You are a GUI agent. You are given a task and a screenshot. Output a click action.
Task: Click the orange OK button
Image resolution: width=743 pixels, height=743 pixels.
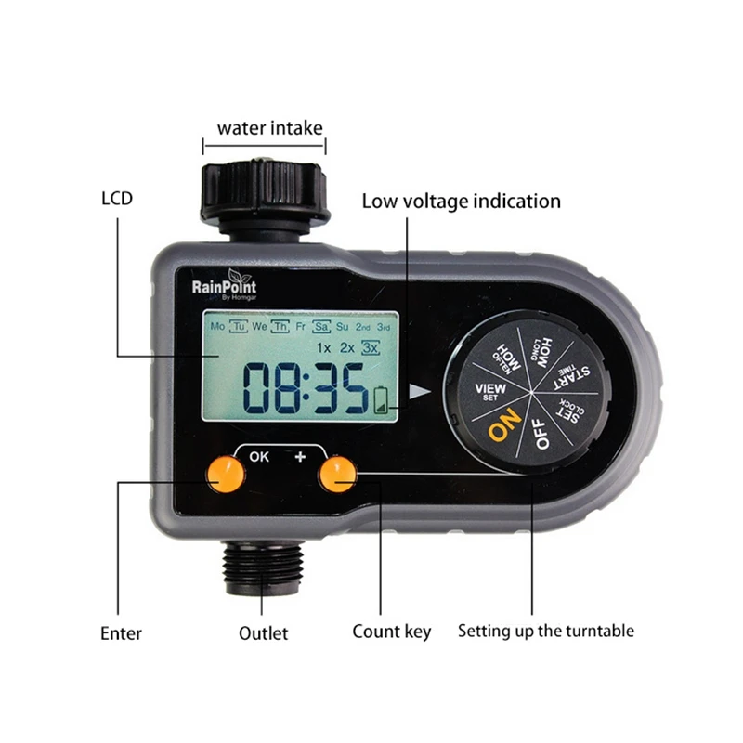(x=226, y=474)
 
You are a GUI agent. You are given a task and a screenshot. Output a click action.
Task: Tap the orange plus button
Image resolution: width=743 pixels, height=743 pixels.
(x=337, y=474)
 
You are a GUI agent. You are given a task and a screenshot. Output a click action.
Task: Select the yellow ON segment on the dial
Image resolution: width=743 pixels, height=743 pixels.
(x=504, y=424)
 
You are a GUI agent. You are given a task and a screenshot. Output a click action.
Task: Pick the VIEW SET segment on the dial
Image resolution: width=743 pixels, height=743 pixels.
(x=490, y=391)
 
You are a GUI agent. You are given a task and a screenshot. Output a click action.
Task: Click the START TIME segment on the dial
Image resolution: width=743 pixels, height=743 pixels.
(x=572, y=377)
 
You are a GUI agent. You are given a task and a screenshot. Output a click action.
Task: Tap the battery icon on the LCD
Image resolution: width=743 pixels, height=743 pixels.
(x=381, y=401)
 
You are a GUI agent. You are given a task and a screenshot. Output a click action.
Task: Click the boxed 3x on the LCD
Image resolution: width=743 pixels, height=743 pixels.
(x=370, y=347)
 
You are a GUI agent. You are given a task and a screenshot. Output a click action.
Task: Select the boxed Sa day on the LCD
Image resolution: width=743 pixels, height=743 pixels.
(x=320, y=327)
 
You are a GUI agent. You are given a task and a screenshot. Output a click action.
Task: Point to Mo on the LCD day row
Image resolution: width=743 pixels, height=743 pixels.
(x=217, y=326)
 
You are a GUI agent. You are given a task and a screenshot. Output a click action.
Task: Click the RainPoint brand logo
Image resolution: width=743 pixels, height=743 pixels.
(x=225, y=284)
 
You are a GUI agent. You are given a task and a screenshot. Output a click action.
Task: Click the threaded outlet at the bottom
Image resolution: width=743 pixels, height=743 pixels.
(x=262, y=567)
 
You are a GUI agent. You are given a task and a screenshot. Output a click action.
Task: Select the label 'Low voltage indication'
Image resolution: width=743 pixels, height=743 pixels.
(x=461, y=202)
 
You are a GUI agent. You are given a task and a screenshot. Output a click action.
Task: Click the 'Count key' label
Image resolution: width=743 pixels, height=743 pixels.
(x=391, y=632)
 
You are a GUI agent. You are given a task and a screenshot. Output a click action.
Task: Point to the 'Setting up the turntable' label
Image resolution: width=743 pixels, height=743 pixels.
(x=546, y=632)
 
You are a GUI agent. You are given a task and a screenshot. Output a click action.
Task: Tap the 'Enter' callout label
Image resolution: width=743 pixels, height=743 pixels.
(x=121, y=633)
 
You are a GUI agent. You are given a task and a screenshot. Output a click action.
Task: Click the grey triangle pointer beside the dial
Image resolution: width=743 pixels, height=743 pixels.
(x=420, y=391)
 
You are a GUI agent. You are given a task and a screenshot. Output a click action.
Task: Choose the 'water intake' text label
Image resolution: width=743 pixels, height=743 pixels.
(x=269, y=128)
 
